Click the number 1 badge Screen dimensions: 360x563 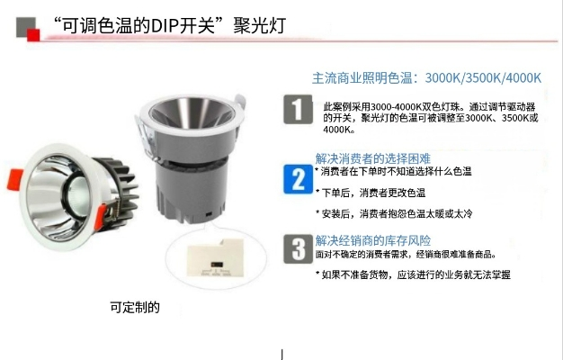298,110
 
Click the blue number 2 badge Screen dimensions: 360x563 298,177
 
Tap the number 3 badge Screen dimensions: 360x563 298,248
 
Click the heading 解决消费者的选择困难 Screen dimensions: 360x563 372,157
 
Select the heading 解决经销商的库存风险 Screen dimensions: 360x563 372,240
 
